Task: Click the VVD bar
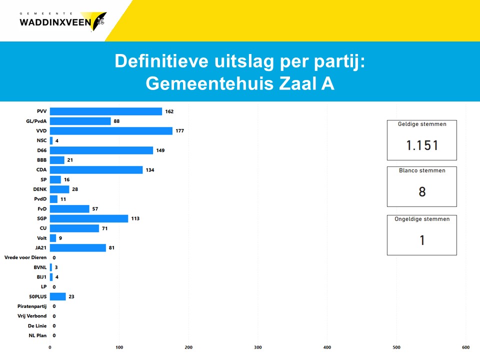111,131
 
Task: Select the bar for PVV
106,111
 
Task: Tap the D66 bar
101,150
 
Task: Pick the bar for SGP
89,218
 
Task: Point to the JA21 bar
78,248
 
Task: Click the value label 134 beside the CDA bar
150,170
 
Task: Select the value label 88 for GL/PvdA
116,121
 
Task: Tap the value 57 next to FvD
96,209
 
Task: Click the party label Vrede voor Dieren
25,257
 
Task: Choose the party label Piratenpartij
32,306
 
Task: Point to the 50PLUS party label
37,296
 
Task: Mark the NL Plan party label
37,335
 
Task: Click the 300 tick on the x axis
258,347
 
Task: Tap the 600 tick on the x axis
465,347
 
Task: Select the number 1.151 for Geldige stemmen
422,145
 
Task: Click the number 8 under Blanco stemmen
422,192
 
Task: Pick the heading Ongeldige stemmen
422,219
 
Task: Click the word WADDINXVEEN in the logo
55,22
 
